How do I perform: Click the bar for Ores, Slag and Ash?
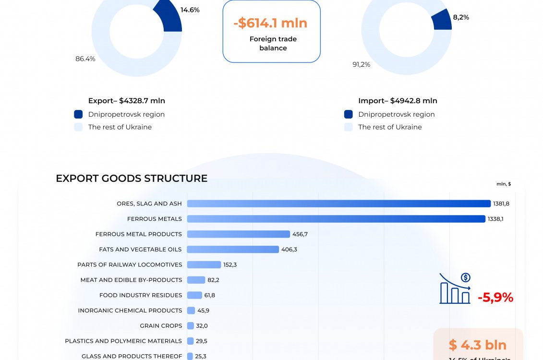338,204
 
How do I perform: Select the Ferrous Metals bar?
336,219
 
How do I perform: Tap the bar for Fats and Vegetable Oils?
233,250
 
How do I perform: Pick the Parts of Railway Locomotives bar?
204,264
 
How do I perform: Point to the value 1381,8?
501,204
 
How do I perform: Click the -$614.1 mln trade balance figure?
271,23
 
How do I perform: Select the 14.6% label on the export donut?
190,10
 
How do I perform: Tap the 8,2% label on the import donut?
461,17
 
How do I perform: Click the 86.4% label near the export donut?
85,59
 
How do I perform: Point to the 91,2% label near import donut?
362,64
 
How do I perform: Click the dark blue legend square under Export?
78,114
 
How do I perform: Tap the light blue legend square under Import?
349,127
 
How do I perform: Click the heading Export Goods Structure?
132,179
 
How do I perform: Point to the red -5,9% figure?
495,298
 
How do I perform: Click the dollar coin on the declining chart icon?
465,277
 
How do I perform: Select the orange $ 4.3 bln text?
478,345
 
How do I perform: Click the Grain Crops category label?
161,326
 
